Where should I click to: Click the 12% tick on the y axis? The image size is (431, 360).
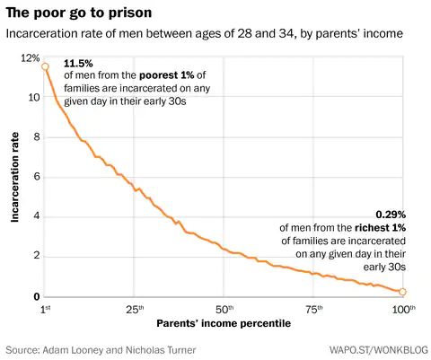pos(29,57)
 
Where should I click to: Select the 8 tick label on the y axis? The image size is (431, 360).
pos(34,136)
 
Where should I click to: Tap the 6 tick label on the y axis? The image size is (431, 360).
pos(34,177)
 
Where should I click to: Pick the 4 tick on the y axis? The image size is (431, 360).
pos(34,216)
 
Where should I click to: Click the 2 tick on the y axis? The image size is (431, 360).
pos(34,257)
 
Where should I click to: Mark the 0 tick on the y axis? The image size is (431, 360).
pos(34,297)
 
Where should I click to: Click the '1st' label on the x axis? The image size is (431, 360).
pos(46,309)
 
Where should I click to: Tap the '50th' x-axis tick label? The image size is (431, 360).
pos(224,309)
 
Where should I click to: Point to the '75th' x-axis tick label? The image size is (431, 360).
pos(314,309)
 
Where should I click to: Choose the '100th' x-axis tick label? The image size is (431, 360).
pos(403,309)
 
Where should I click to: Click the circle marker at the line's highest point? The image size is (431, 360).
pos(45,66)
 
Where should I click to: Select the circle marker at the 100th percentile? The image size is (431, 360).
pos(403,292)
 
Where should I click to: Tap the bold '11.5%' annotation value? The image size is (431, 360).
pos(78,65)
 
